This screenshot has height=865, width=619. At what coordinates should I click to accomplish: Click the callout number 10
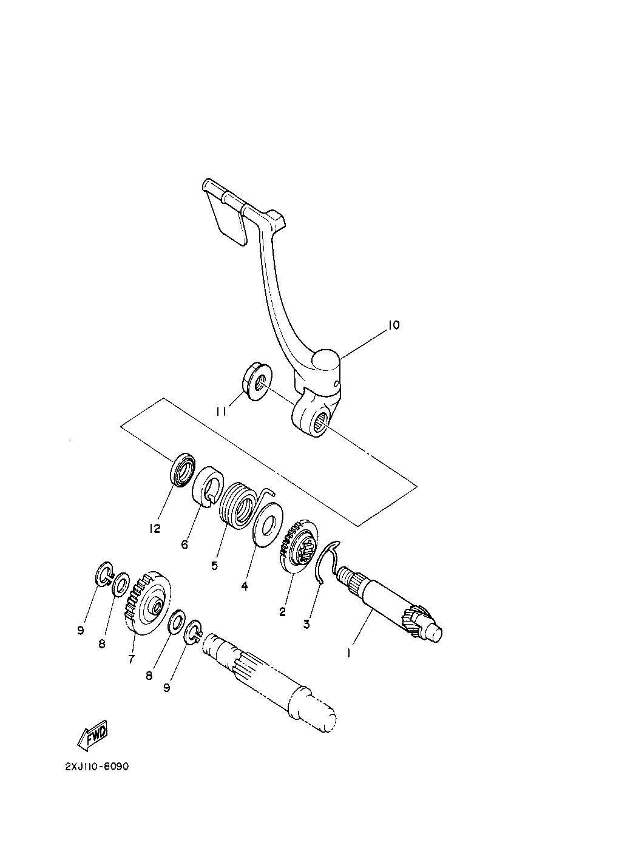pyautogui.click(x=394, y=325)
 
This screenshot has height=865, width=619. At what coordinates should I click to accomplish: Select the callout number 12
pyautogui.click(x=155, y=528)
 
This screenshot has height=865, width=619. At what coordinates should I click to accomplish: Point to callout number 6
pyautogui.click(x=184, y=544)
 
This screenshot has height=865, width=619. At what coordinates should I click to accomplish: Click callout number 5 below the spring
pyautogui.click(x=214, y=566)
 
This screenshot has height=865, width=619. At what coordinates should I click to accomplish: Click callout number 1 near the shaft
pyautogui.click(x=349, y=653)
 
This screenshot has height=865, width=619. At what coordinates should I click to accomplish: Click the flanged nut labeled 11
pyautogui.click(x=257, y=381)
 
